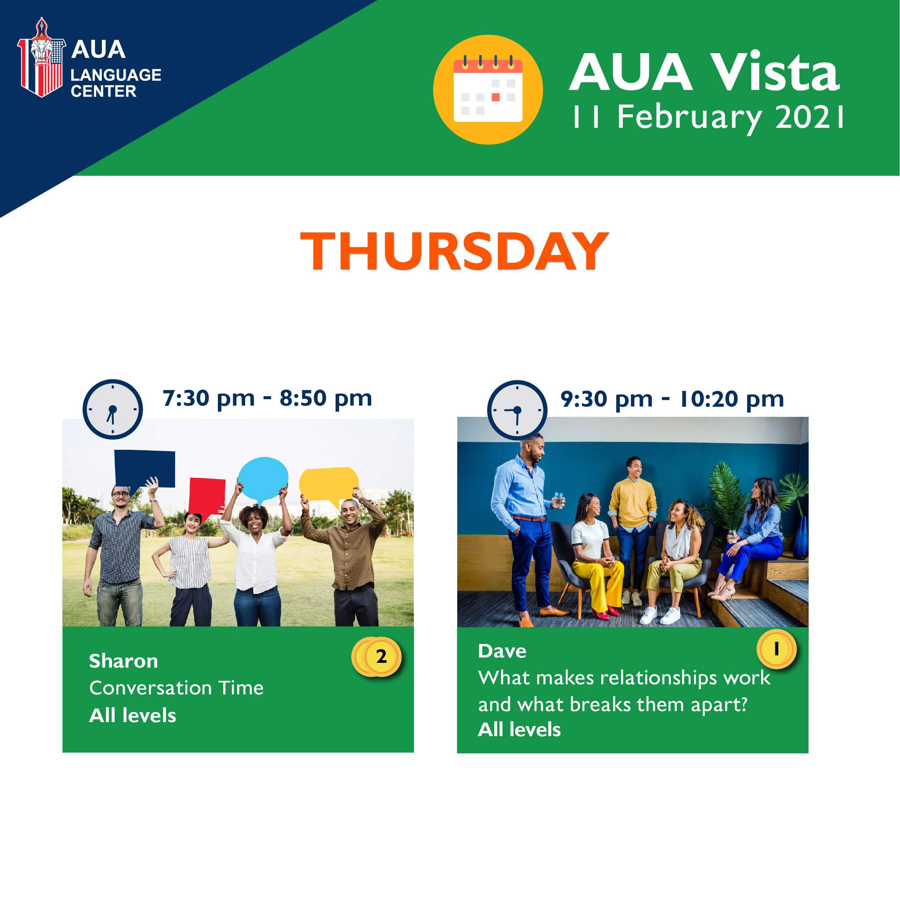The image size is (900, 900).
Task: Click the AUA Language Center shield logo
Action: point(41,58)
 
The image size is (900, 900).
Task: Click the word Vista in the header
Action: point(777,72)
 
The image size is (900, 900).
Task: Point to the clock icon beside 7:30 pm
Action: point(113,409)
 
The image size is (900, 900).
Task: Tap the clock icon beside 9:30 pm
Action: point(517,410)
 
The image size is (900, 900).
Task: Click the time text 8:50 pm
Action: point(325,399)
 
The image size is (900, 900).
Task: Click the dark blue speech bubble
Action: point(145,470)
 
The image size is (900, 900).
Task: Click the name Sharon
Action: point(123,661)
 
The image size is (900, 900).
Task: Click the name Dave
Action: point(502,651)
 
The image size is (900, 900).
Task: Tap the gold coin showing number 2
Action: point(377,657)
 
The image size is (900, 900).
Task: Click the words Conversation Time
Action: point(177,688)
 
